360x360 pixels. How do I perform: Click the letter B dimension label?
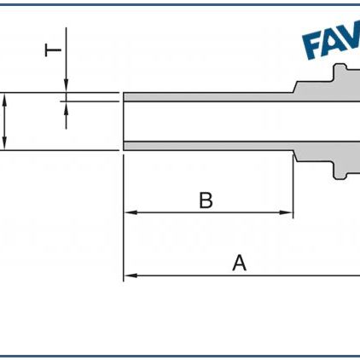(206, 200)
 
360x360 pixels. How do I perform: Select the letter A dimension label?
(240, 264)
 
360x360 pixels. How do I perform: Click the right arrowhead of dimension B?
(288, 212)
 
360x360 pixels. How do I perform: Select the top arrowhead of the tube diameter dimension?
(6, 98)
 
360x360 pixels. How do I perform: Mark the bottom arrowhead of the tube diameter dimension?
(6, 145)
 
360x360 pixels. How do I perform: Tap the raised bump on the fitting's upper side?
(340, 72)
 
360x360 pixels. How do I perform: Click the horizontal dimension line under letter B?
(209, 212)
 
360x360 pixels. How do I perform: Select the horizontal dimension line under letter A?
(247, 276)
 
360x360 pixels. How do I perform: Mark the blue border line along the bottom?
(180, 355)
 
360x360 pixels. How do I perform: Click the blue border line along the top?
(180, 4)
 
